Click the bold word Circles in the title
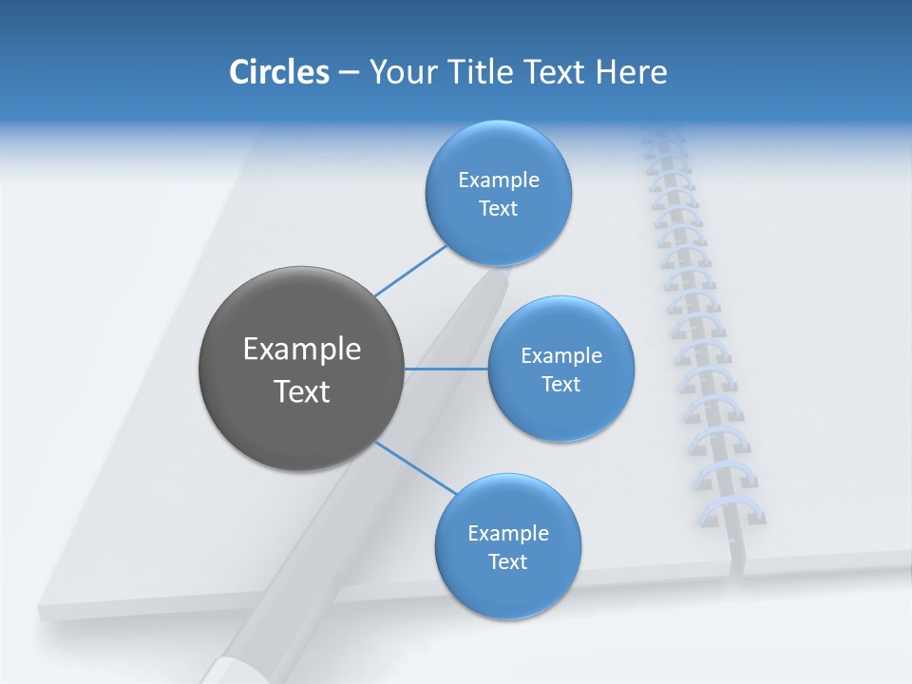point(278,72)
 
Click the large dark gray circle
point(301,368)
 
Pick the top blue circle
point(498,193)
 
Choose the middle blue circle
point(560,369)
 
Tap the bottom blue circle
point(507,546)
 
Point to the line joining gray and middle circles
point(446,369)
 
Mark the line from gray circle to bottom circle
point(415,467)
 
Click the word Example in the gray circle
point(301,349)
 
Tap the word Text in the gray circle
point(301,390)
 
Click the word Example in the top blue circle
point(498,180)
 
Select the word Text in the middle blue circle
point(560,384)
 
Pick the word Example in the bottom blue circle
point(507,533)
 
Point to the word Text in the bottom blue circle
point(507,561)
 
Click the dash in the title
point(348,72)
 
